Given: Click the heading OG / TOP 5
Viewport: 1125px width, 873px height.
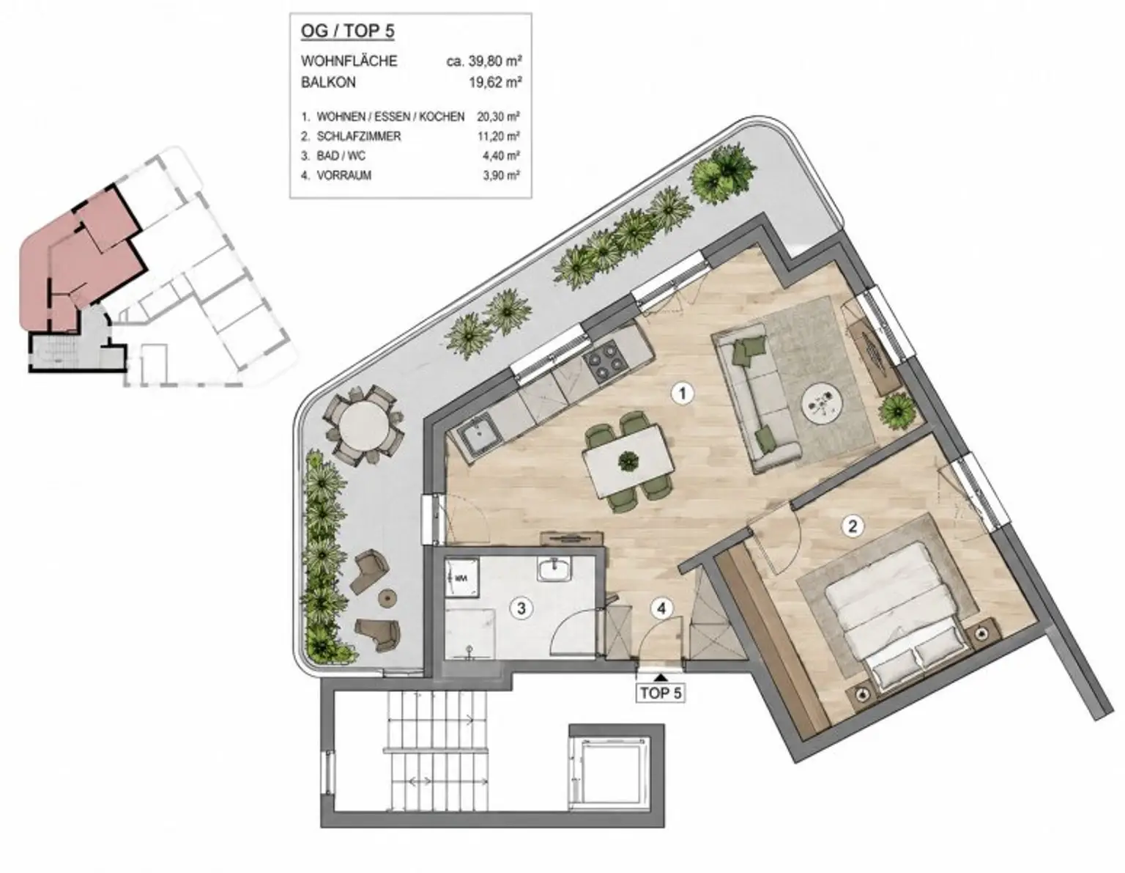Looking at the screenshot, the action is [347, 31].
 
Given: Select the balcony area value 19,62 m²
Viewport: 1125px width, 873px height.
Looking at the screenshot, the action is [495, 82].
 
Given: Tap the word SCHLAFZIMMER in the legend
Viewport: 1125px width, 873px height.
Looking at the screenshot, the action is [359, 136].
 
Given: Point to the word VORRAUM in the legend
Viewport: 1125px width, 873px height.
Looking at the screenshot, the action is [344, 175].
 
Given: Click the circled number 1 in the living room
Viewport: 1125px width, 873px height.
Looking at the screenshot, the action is [683, 394].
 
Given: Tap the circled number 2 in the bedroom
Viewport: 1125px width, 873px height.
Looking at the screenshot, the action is [852, 526].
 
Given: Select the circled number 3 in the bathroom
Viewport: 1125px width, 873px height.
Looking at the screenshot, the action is [521, 608].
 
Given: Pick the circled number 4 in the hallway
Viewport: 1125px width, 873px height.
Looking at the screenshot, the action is [661, 608].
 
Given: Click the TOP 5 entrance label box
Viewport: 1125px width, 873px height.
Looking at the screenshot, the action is [660, 693].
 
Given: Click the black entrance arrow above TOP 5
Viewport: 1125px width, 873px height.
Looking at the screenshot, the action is [660, 676].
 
